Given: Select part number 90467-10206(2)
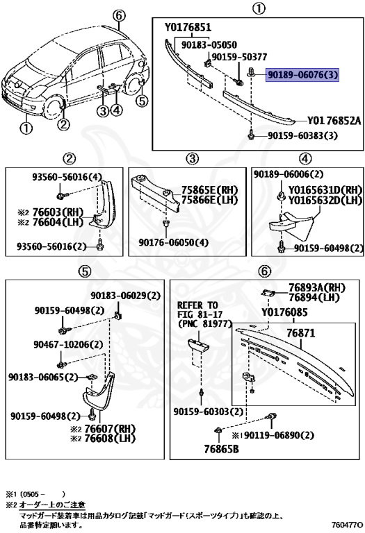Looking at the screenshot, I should click(65, 344).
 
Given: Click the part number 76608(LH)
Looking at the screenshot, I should click(109, 439).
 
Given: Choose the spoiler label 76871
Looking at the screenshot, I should click(301, 334).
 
